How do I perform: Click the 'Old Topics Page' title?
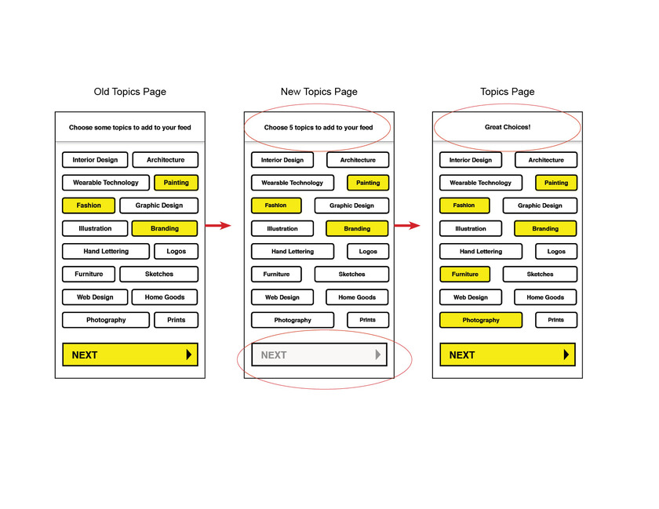point(130,92)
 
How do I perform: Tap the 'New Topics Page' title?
point(319,92)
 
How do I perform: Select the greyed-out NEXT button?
point(319,354)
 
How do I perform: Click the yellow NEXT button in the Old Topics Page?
point(130,354)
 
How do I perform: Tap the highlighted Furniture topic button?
point(464,274)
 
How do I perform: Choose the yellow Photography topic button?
point(481,320)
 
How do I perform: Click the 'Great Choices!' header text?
point(508,127)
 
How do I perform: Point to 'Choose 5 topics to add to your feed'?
point(319,127)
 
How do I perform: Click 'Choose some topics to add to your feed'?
point(130,127)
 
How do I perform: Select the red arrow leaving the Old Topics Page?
point(218,226)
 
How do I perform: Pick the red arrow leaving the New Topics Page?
point(407,226)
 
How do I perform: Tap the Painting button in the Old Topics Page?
point(176,183)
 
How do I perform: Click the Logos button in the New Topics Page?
point(368,251)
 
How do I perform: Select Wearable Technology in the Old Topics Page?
point(106,183)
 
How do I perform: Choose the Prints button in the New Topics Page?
point(368,320)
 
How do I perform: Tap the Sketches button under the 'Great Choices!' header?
point(540,274)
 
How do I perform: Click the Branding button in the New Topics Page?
point(357,229)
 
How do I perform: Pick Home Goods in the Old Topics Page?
point(165,297)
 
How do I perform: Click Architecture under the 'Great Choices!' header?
point(546,160)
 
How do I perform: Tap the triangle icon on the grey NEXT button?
point(378,354)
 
